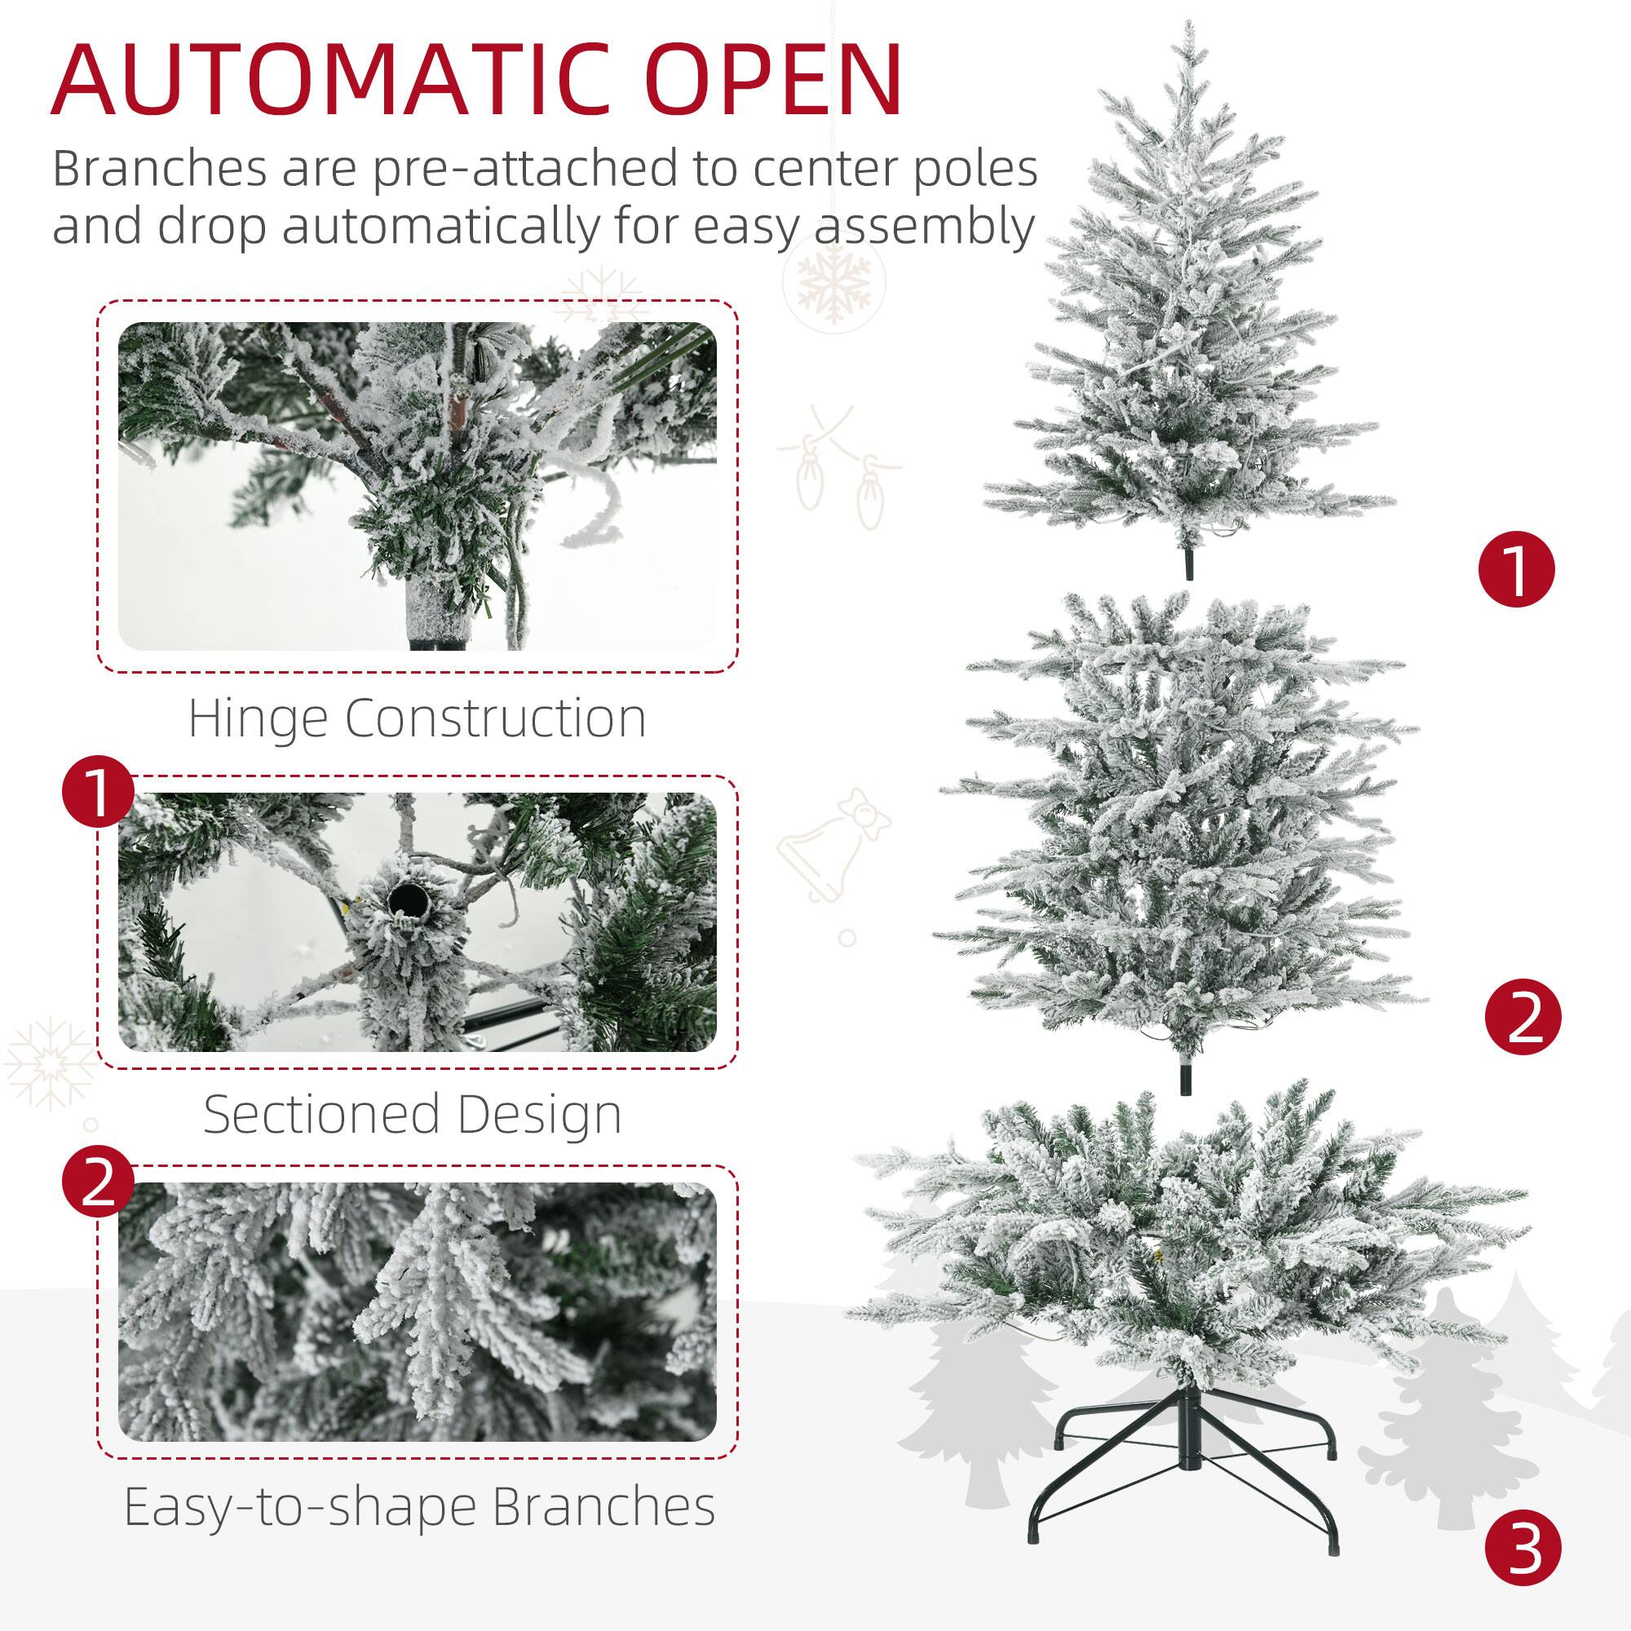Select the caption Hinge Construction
tap(417, 718)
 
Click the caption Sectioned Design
tap(413, 1113)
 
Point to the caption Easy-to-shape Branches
tap(419, 1507)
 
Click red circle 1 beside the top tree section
tap(1516, 572)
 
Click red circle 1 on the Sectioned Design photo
tap(99, 793)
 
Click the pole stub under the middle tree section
tap(1189, 1078)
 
